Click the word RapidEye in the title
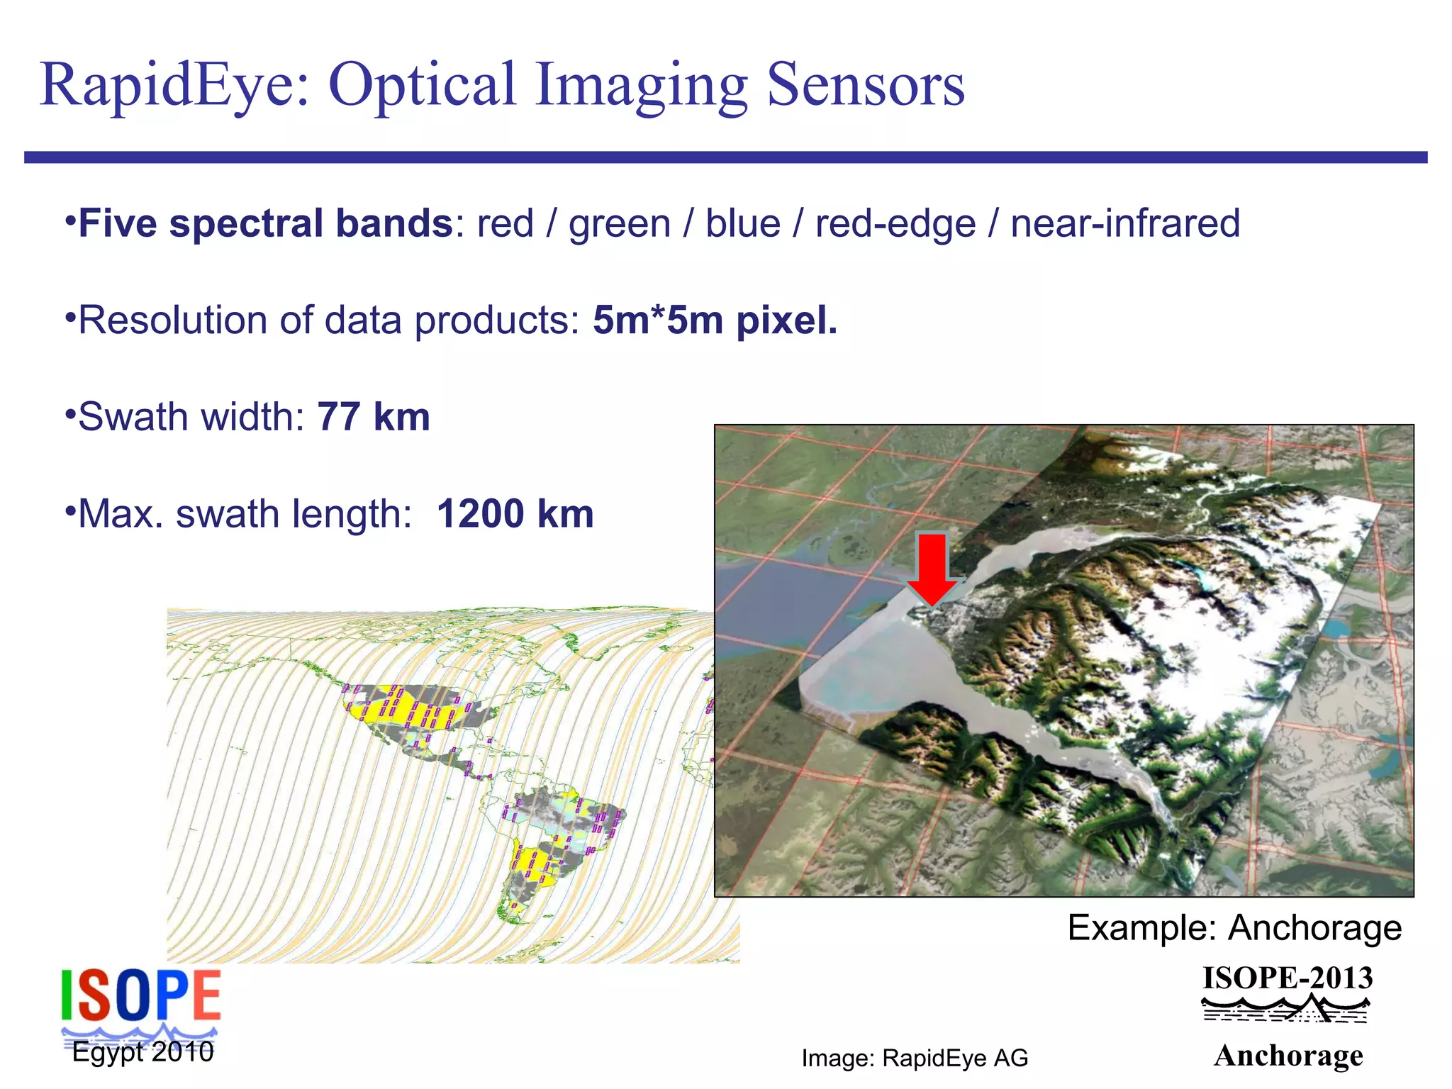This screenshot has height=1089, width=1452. click(x=174, y=84)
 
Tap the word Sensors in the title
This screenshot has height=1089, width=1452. click(x=866, y=84)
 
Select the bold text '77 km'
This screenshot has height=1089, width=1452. click(x=374, y=417)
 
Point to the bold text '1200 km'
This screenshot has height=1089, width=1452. click(x=515, y=514)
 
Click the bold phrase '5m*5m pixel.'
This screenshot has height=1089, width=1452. click(x=715, y=320)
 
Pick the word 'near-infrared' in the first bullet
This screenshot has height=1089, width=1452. click(x=1125, y=223)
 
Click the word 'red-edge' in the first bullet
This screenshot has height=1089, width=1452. click(x=895, y=223)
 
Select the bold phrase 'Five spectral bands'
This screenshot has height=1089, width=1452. click(x=265, y=223)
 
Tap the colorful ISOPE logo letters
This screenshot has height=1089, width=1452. click(x=140, y=995)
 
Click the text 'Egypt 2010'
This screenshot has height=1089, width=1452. click(x=143, y=1052)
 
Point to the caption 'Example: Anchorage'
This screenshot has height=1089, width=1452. click(x=1234, y=927)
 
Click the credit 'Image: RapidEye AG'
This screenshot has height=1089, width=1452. click(x=915, y=1059)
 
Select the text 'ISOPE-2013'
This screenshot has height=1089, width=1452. click(x=1288, y=978)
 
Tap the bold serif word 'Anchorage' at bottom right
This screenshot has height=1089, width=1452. click(x=1288, y=1056)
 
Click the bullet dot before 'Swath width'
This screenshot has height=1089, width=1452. click(x=69, y=412)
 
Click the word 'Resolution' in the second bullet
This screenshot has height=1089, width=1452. click(x=172, y=320)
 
